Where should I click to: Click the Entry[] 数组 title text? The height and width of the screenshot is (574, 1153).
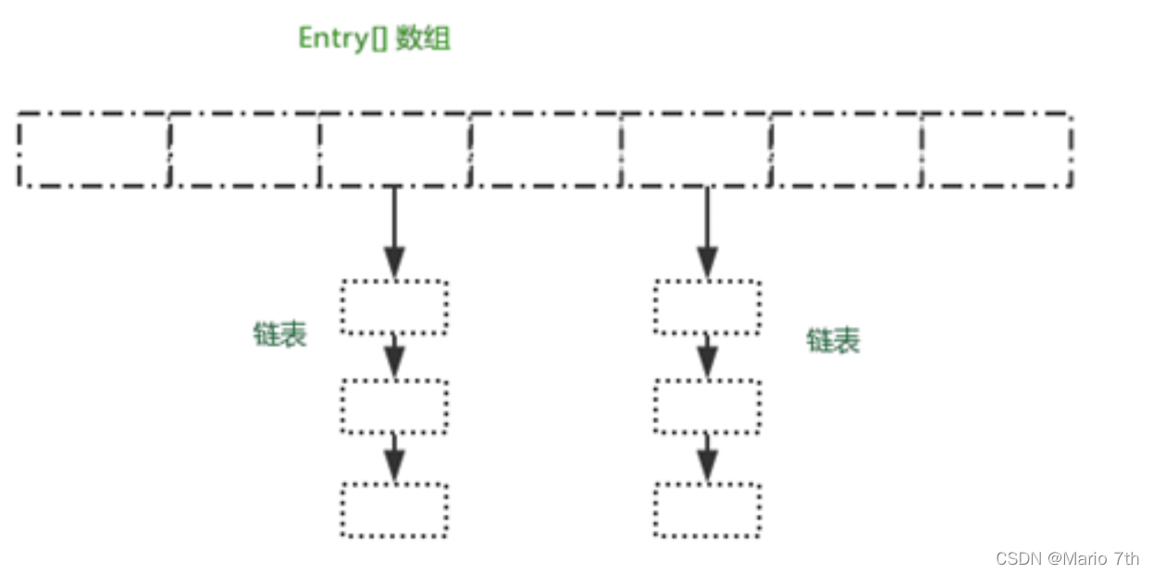(x=374, y=39)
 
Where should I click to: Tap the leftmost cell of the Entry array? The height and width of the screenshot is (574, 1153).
(x=93, y=150)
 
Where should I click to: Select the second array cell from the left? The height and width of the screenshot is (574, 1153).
(x=244, y=150)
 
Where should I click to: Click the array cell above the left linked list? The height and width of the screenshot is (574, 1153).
(x=395, y=150)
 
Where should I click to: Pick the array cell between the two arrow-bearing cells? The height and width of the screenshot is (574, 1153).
(x=546, y=150)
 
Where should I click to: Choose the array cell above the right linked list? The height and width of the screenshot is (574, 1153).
(x=697, y=150)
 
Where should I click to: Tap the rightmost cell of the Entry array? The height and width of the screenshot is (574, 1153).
(x=998, y=150)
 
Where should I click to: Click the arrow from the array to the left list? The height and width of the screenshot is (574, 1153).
(x=395, y=231)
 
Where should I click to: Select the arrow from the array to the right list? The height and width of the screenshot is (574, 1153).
(x=708, y=231)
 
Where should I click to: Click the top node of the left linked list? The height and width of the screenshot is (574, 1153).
(x=394, y=306)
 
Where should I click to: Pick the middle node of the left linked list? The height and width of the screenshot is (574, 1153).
(x=394, y=406)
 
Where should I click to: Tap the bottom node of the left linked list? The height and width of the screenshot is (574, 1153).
(x=394, y=509)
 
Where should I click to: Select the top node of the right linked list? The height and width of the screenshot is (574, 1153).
(x=708, y=306)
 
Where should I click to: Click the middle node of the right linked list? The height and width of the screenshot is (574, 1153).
(x=708, y=406)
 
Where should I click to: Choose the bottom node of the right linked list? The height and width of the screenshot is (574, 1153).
(x=708, y=509)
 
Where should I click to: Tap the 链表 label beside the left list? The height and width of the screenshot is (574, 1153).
(x=279, y=334)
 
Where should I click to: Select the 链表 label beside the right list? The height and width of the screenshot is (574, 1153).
(x=833, y=341)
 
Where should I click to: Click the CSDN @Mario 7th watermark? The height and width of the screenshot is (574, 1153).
(x=1067, y=558)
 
